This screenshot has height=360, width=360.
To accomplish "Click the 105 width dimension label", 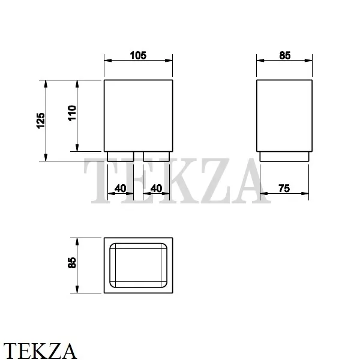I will point(139,55).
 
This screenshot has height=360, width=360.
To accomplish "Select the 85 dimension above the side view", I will point(284,55).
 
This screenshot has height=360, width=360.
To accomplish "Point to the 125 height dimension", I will point(40,121).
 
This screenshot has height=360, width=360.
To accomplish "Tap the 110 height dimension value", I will point(72,114).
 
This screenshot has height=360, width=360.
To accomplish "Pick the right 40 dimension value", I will point(156,188).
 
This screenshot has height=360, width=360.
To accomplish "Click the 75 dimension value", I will point(284,188).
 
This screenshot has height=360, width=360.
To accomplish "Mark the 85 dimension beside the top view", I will point(72,263).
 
